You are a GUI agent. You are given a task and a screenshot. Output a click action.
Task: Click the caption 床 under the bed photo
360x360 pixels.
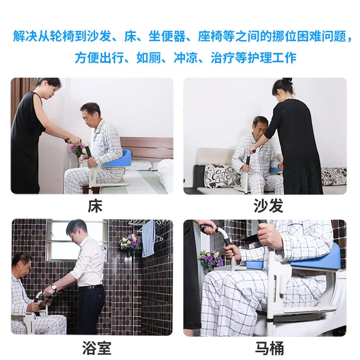(x=95, y=206)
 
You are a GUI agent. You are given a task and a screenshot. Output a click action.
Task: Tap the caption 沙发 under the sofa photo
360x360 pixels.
(x=268, y=206)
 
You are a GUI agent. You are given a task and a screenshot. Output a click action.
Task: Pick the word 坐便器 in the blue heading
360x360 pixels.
(x=167, y=37)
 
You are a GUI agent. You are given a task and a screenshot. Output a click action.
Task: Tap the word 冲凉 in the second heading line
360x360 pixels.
(x=186, y=58)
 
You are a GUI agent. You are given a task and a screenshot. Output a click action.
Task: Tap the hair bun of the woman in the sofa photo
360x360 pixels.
(x=287, y=80)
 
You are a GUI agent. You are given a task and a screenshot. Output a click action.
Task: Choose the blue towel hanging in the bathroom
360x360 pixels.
(x=148, y=239)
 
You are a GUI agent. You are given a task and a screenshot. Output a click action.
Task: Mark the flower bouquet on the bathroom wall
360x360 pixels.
(x=131, y=243)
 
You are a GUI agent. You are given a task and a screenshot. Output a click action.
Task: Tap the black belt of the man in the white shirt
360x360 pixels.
(x=91, y=287)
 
